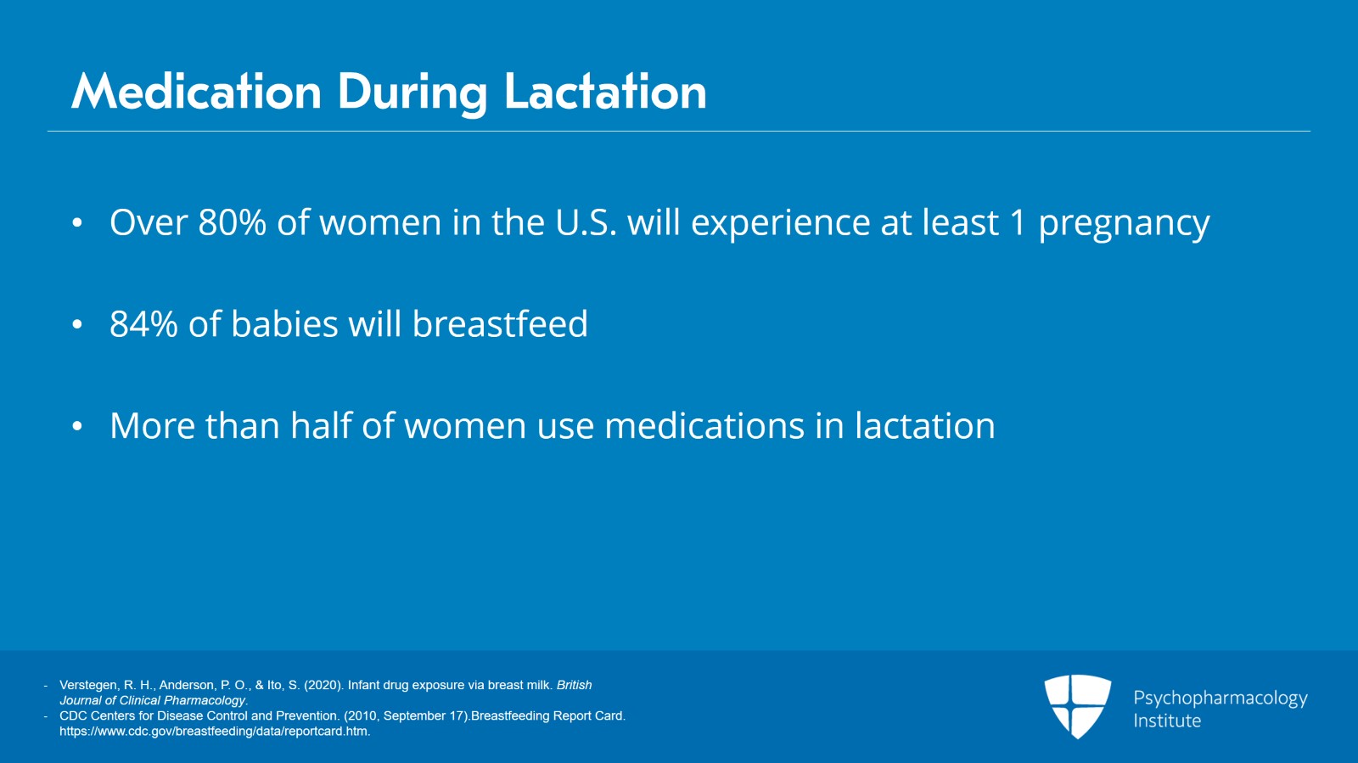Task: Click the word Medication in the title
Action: (x=196, y=92)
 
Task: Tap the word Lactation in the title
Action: (x=605, y=92)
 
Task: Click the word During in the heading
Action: (x=412, y=94)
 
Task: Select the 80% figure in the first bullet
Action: (x=233, y=222)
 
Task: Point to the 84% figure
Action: (x=143, y=324)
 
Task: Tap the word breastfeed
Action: (x=500, y=323)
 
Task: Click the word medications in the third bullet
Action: (x=704, y=425)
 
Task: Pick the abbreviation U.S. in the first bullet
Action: (x=586, y=222)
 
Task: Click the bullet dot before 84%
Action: (x=77, y=325)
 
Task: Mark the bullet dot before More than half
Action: (x=77, y=427)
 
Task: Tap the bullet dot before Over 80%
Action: (x=77, y=223)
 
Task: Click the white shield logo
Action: (x=1077, y=707)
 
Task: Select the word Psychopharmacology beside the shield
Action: (x=1221, y=698)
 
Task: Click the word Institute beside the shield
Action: (x=1167, y=721)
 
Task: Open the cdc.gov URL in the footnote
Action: (x=215, y=732)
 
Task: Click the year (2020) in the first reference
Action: (x=323, y=686)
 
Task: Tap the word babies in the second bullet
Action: (x=283, y=323)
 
